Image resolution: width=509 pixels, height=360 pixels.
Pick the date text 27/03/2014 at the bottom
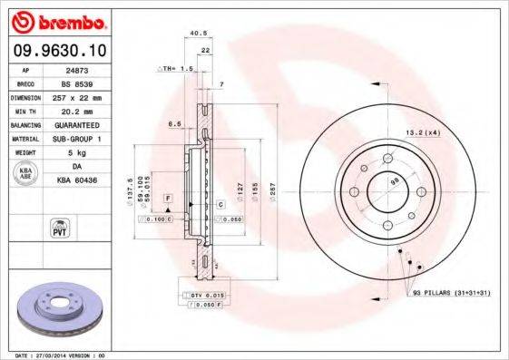(x=67, y=355)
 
